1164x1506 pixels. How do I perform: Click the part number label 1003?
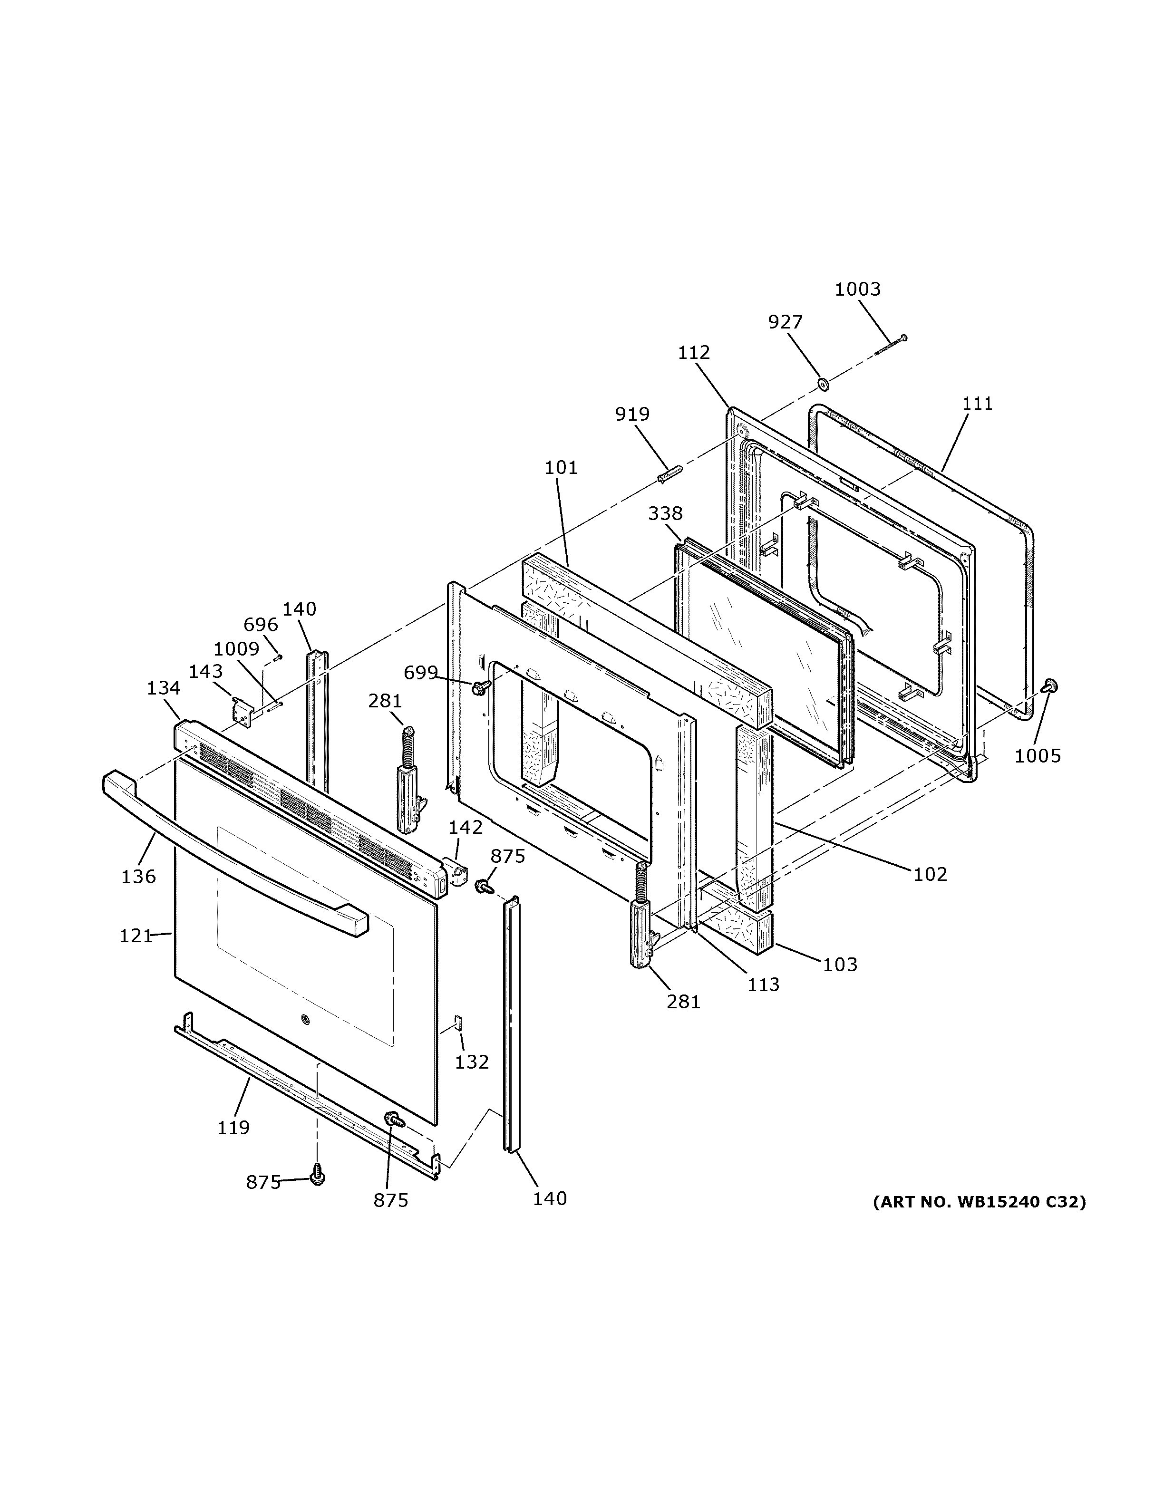coord(857,289)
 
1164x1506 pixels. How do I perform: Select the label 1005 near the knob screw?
coord(1037,756)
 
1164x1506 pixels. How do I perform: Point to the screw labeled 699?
coord(479,687)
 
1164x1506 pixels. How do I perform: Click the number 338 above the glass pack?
coord(665,513)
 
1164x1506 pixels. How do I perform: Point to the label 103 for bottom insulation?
coord(839,964)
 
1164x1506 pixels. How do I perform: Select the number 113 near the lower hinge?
coord(763,984)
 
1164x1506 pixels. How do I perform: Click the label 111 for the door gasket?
coord(977,404)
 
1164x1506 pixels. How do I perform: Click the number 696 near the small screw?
coord(261,625)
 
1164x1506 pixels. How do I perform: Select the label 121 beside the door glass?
coord(135,936)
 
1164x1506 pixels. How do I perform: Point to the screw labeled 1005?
coord(1050,685)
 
